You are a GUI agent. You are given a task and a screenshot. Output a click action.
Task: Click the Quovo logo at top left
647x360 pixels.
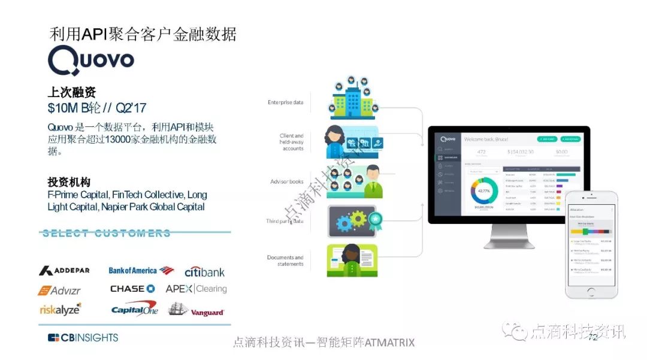coord(90,60)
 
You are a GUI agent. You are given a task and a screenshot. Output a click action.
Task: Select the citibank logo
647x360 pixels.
coord(204,272)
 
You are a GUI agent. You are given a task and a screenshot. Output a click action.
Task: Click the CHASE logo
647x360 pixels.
coord(132,289)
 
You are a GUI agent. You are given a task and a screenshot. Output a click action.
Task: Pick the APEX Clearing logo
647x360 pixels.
coord(196,289)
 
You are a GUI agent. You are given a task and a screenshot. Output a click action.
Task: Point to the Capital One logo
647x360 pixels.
coord(134,310)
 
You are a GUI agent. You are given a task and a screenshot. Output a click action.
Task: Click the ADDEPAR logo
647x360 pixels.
coord(64,271)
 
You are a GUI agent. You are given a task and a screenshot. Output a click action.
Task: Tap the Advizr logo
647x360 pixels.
coord(59,291)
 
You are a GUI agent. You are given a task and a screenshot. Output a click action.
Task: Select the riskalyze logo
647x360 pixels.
coord(60,309)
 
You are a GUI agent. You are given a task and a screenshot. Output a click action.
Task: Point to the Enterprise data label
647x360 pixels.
coord(285,102)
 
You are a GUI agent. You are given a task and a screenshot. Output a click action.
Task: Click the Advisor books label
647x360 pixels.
coord(287,181)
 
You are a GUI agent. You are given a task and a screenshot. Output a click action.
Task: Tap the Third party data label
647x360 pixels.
coord(285,221)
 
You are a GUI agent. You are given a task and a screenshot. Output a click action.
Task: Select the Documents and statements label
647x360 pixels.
coord(285,261)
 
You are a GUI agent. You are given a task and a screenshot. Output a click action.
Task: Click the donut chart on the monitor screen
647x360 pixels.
coord(484,191)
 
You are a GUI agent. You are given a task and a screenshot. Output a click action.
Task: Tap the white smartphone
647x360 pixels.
coord(591,244)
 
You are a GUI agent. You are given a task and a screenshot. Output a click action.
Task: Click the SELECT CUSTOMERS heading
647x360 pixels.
coord(107,234)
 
